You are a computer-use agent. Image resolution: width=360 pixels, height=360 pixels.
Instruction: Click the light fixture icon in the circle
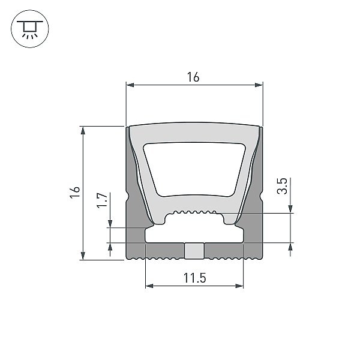click(x=29, y=29)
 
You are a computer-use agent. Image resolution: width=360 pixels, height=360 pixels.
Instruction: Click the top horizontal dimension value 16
click(x=193, y=77)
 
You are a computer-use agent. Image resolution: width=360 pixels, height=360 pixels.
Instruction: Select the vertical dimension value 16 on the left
click(x=75, y=193)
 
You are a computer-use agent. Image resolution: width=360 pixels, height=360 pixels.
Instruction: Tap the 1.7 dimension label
click(x=102, y=200)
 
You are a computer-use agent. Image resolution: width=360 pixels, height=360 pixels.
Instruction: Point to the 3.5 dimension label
click(x=282, y=186)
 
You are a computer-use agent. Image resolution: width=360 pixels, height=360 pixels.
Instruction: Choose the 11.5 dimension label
click(x=194, y=278)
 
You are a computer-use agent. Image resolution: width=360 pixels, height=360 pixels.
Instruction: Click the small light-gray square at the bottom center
click(x=194, y=251)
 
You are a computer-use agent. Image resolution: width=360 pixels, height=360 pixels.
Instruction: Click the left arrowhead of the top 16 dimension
click(x=130, y=85)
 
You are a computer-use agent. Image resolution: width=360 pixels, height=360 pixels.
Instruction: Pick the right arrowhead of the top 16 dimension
click(x=259, y=85)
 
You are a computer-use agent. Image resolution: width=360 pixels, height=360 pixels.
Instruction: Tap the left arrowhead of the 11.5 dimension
click(x=149, y=286)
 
